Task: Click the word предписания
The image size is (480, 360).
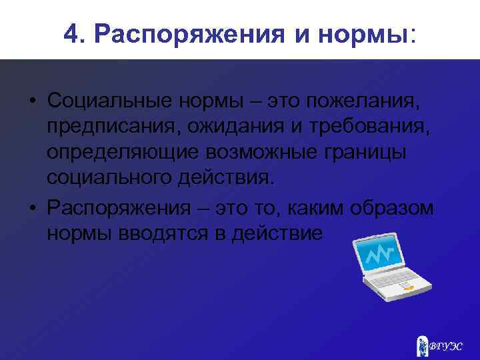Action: tap(116, 127)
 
